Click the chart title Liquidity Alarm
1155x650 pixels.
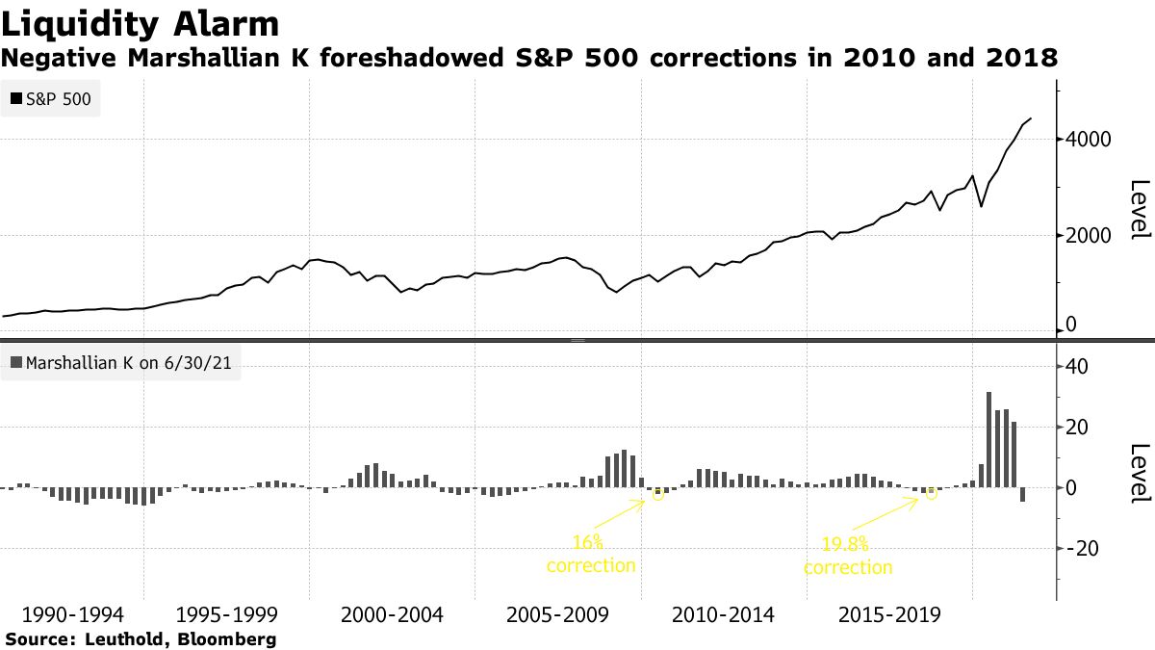click(x=141, y=24)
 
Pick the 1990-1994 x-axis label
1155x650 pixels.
click(x=64, y=614)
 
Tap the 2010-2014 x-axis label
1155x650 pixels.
click(x=723, y=614)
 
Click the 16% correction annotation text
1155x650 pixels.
click(x=591, y=555)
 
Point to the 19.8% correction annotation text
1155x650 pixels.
click(x=848, y=557)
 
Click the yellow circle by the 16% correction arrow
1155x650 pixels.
click(x=658, y=494)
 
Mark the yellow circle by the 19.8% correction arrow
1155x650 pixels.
click(x=932, y=493)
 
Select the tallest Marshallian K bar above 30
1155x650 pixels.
click(x=988, y=439)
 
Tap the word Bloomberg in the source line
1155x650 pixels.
click(x=233, y=638)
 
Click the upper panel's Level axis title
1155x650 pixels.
click(x=1139, y=209)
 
